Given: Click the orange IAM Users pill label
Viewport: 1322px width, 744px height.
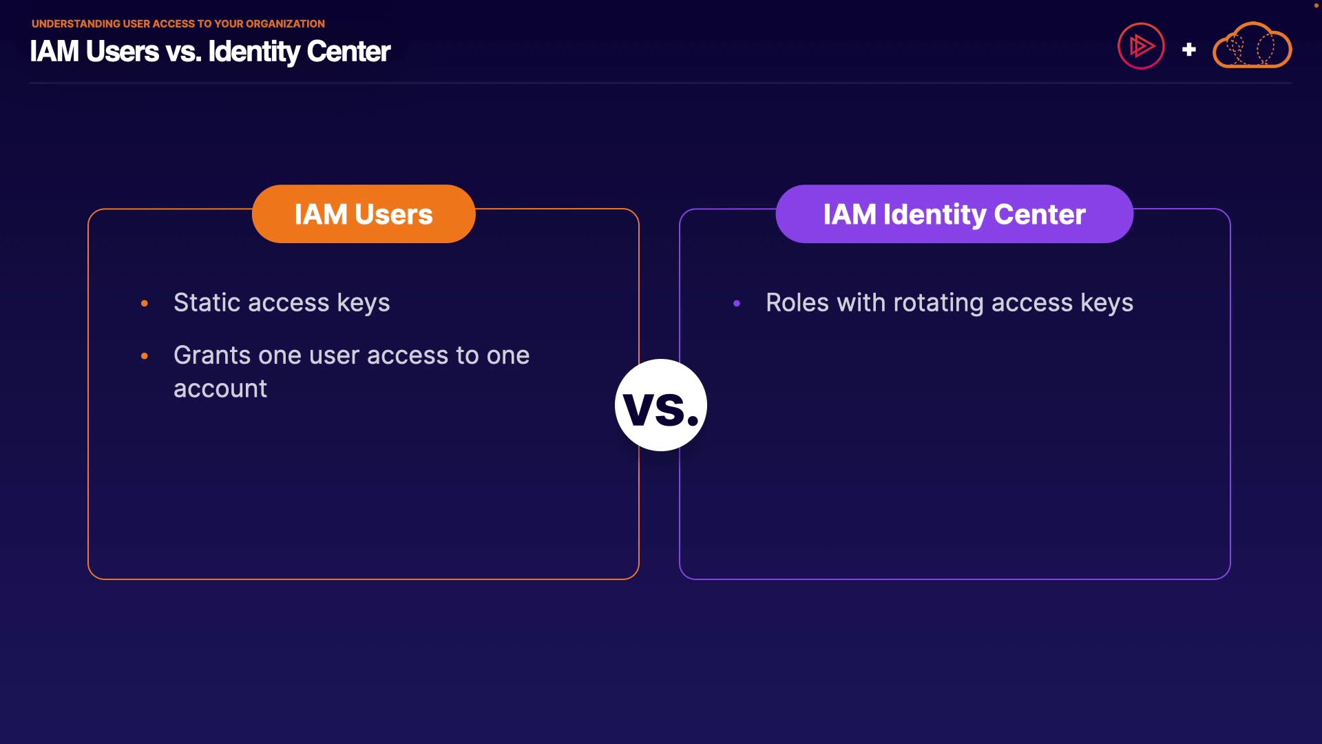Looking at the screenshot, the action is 364,214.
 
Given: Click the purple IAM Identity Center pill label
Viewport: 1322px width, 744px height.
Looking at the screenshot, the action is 954,214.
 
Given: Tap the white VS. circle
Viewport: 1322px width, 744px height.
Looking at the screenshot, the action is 661,405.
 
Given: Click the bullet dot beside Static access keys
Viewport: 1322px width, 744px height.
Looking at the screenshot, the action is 145,303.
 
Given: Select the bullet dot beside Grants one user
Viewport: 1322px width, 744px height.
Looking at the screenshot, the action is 145,356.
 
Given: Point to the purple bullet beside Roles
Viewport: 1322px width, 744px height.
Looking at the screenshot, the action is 737,303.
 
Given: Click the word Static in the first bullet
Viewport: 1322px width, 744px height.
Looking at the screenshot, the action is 207,303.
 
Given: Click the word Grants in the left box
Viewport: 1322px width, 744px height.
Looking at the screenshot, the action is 212,355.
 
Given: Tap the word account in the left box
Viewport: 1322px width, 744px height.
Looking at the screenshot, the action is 220,389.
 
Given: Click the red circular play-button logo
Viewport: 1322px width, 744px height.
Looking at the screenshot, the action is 1141,46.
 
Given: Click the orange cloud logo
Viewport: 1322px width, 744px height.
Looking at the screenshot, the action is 1252,45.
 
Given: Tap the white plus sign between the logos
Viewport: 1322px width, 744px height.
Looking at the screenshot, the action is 1189,50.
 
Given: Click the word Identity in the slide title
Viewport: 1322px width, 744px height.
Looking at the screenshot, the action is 254,52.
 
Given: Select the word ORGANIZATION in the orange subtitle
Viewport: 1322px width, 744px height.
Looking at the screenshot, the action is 285,23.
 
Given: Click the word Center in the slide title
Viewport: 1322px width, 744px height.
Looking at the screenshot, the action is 348,52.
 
